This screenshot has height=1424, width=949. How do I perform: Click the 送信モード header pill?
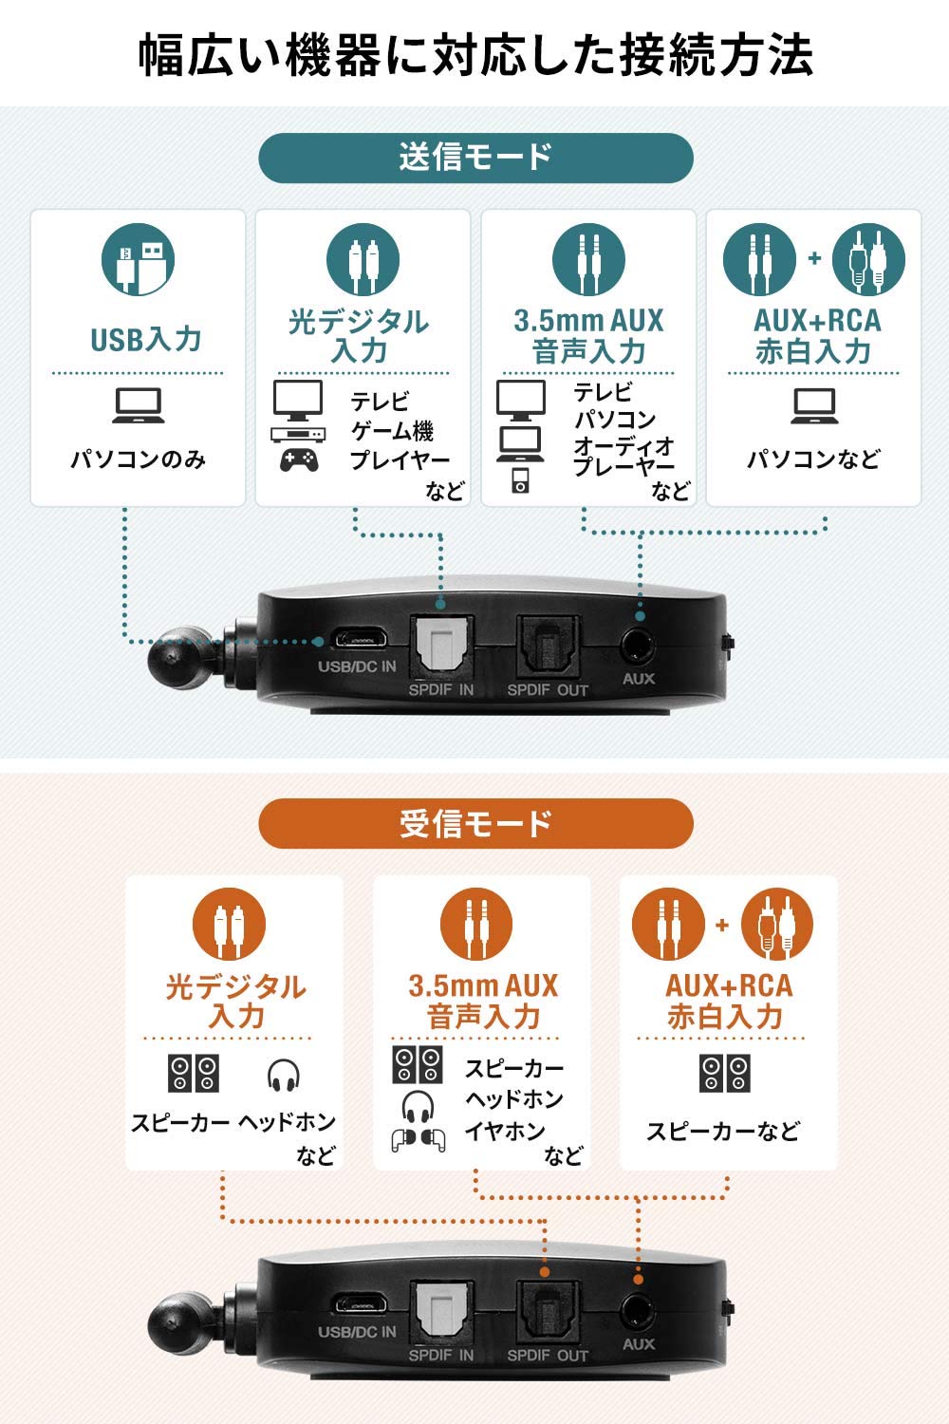tap(475, 158)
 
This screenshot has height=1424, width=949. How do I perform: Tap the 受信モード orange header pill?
tap(475, 823)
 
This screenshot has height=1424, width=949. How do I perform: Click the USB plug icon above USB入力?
tap(139, 260)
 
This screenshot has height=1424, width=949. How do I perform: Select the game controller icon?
tap(298, 460)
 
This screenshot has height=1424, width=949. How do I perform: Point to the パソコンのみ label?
tap(139, 459)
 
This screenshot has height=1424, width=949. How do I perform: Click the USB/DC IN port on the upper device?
tap(358, 638)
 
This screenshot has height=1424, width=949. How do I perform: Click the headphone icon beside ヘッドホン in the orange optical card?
tap(284, 1077)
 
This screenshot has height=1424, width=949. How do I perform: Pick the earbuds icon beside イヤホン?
tap(418, 1136)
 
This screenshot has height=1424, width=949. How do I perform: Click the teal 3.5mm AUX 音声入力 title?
tap(588, 335)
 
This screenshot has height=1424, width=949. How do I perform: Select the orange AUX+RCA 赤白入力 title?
tap(728, 1001)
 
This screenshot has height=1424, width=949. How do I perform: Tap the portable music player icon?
tap(517, 480)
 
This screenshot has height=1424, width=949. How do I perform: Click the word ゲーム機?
tap(392, 431)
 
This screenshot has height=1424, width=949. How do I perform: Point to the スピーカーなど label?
tap(723, 1131)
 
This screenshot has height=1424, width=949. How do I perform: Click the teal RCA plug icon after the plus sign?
tap(868, 260)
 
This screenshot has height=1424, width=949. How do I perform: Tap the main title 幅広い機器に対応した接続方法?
tap(475, 55)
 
